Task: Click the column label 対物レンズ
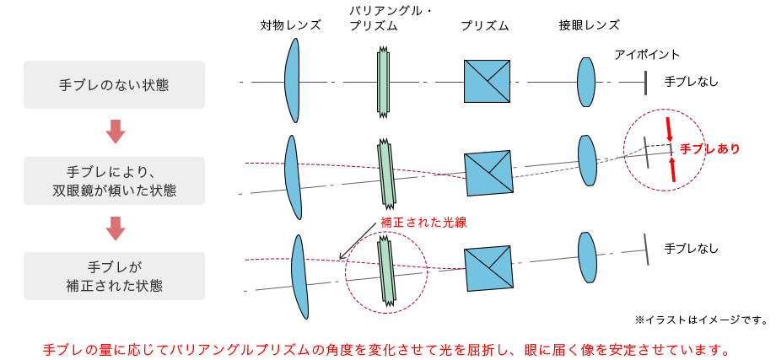click(291, 25)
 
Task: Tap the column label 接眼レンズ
click(589, 25)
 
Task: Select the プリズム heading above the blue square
click(485, 25)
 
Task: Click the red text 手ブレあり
click(710, 148)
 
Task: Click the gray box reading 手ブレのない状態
click(114, 84)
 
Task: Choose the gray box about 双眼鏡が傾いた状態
click(114, 180)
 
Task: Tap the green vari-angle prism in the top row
click(384, 81)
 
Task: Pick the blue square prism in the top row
click(487, 81)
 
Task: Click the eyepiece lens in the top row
click(586, 81)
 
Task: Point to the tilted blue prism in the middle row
click(488, 175)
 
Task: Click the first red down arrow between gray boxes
click(116, 132)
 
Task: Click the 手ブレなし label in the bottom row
click(692, 248)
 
